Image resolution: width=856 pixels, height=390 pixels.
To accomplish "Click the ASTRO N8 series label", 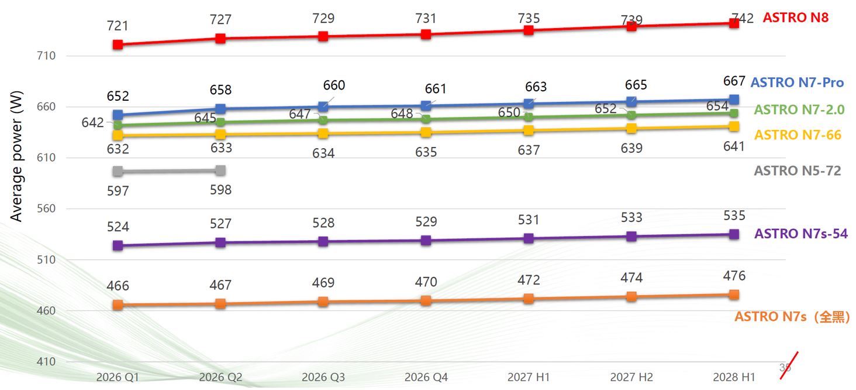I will (x=795, y=18).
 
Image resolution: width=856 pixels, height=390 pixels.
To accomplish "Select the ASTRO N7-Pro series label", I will (x=797, y=83).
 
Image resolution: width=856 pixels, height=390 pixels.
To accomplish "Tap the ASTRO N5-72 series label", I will (x=797, y=171).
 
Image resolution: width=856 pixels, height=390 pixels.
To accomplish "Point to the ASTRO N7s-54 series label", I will (x=800, y=234).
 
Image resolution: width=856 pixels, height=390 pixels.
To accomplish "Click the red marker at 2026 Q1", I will (x=118, y=45).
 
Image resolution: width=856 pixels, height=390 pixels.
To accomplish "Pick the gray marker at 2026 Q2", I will (x=220, y=170).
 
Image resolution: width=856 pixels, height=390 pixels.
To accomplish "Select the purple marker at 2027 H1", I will (x=529, y=238).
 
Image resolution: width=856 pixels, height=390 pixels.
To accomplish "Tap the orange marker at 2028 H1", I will (x=734, y=295).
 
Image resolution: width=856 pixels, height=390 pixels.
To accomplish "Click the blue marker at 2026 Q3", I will (x=323, y=107).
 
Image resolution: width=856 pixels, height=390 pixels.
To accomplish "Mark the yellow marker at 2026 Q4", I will (x=426, y=132).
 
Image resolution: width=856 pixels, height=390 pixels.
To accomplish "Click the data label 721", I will (x=118, y=26).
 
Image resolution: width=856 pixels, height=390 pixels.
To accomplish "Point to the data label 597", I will (x=118, y=190).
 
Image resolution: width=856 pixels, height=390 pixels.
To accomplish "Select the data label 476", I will (x=734, y=276).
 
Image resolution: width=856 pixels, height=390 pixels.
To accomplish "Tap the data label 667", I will (x=734, y=81).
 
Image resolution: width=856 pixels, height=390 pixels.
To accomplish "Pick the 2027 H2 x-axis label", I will (x=631, y=378).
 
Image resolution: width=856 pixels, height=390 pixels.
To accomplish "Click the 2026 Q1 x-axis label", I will (x=118, y=378).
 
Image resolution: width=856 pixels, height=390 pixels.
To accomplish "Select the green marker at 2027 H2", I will (x=631, y=115).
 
